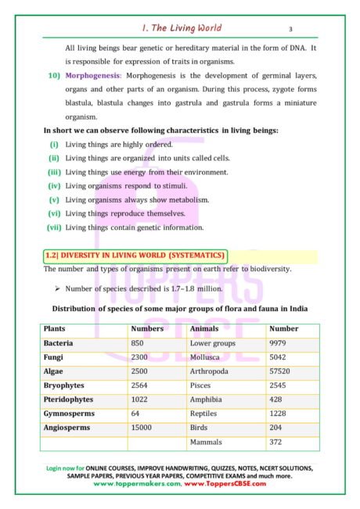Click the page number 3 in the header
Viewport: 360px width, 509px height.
coord(290,29)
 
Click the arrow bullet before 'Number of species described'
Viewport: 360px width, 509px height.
coord(58,289)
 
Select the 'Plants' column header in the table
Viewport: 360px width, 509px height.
coord(55,329)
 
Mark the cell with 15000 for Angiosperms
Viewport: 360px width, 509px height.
coord(142,428)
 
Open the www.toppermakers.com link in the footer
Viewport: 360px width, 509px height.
coord(136,484)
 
